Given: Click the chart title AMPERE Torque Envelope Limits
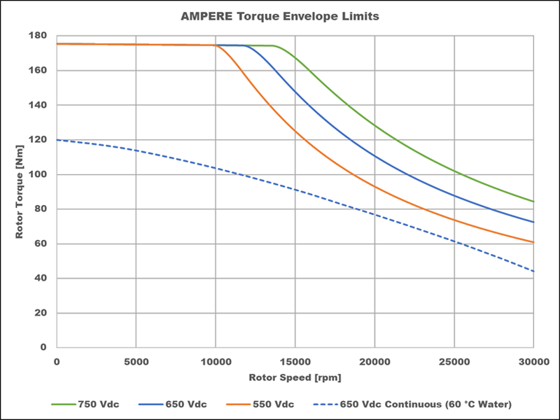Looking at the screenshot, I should click(280, 15).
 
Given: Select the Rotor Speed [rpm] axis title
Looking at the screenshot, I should click(294, 377).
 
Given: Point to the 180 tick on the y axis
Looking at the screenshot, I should click(39, 36).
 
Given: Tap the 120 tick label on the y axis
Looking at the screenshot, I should click(39, 140).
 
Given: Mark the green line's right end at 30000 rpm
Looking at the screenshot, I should click(533, 202).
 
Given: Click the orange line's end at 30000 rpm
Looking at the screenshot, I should click(533, 242).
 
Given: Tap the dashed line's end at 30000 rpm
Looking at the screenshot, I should click(533, 272).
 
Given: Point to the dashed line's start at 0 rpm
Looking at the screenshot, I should click(57, 140).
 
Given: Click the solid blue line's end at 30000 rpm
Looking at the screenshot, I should click(533, 223).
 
